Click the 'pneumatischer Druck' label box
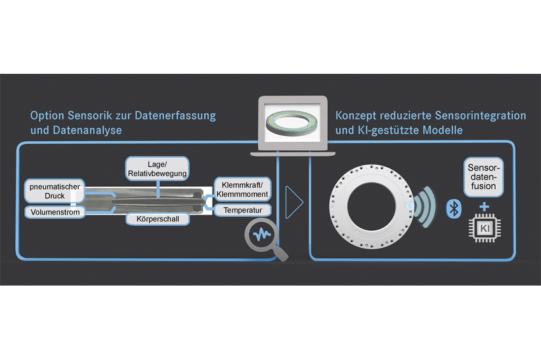55,191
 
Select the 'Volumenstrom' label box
55,212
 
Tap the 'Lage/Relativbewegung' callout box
157,169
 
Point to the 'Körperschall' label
158,219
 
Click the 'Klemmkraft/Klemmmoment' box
242,190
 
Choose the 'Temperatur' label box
242,210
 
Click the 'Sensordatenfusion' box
484,177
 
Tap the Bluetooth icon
454,208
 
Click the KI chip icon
485,228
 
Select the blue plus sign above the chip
484,207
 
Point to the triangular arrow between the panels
294,202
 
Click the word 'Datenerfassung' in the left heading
175,116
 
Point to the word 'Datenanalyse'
87,130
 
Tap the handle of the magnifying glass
281,254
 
